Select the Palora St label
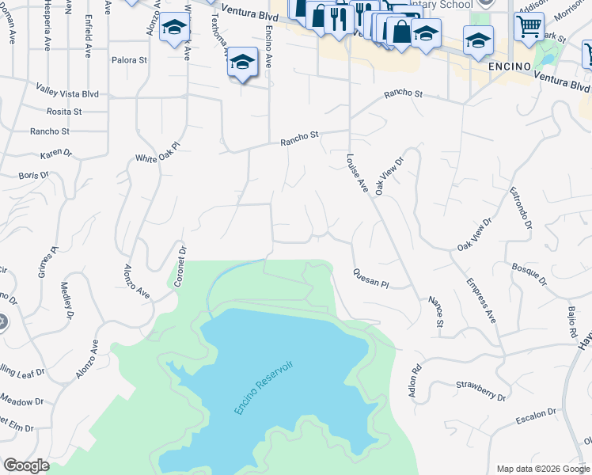tap(129, 59)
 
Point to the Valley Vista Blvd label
tap(67, 93)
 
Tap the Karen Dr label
tap(56, 153)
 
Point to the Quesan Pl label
tap(370, 277)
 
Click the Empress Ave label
tap(480, 300)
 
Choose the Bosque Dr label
tap(529, 275)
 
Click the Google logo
tap(26, 465)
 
